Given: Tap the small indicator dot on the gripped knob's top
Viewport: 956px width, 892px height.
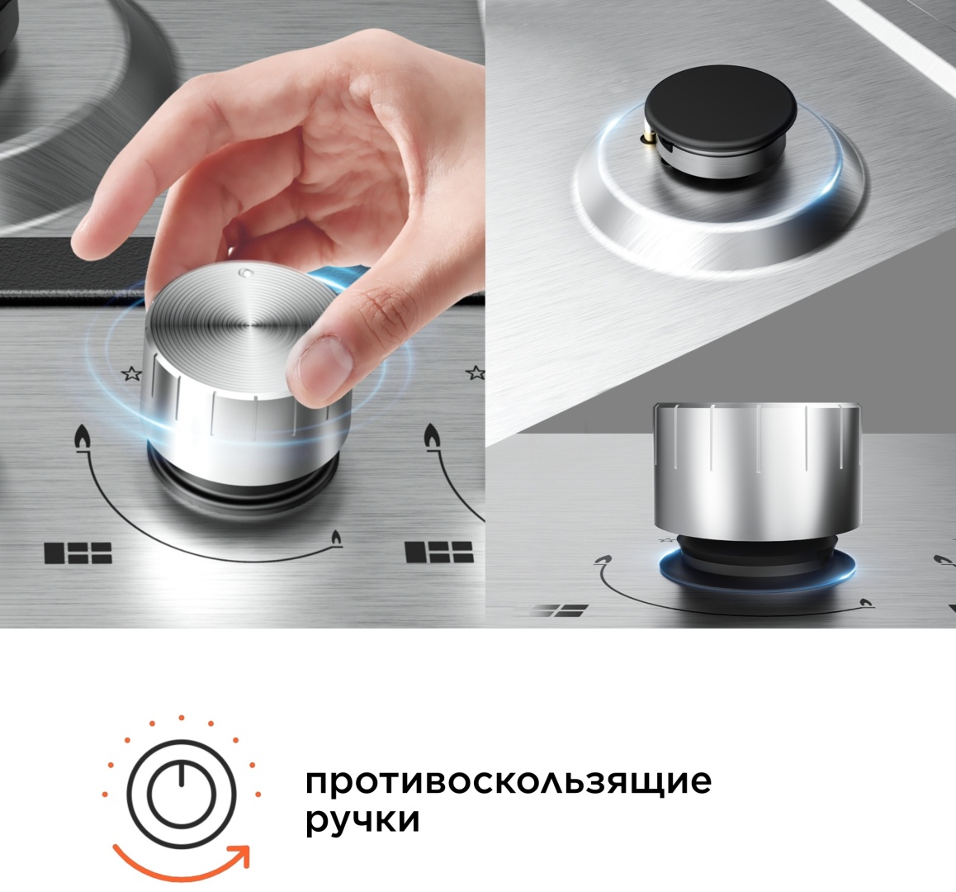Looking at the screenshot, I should tap(242, 271).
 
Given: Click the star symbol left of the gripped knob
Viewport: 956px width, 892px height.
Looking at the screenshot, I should tap(130, 373).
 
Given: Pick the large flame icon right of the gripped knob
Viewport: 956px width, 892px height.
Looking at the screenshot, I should tap(432, 437).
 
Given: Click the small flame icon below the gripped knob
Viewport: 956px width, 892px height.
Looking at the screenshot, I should tap(335, 539).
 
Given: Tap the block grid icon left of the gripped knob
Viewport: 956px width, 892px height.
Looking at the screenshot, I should tap(78, 553).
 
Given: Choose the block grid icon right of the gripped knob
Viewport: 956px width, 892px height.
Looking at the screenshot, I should tap(438, 552).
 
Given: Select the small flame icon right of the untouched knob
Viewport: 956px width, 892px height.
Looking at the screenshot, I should tap(865, 604).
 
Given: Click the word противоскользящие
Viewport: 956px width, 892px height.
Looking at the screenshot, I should tap(508, 781).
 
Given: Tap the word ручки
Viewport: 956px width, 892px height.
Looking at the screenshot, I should tap(362, 821).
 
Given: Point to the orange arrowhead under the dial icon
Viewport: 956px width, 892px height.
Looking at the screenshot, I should tap(239, 856).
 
